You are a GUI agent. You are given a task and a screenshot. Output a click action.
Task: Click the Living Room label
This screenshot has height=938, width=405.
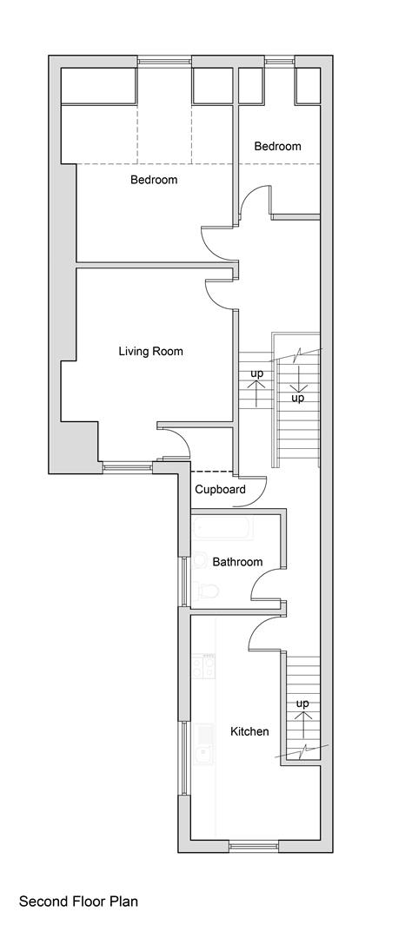[x=150, y=352]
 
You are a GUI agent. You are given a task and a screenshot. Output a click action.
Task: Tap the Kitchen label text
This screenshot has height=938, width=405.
[x=249, y=731]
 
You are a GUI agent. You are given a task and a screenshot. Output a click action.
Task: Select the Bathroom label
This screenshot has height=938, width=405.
[x=237, y=562]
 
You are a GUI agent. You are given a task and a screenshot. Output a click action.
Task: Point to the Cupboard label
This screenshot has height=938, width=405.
[x=220, y=489]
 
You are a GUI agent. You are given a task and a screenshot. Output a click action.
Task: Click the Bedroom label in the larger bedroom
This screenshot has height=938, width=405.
[x=154, y=180]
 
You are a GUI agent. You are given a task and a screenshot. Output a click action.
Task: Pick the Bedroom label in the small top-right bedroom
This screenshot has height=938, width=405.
[x=277, y=146]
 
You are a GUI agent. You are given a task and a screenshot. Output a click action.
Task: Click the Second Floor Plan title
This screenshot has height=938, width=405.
[x=78, y=902]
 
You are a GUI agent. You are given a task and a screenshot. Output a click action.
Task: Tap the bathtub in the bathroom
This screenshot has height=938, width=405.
[x=222, y=527]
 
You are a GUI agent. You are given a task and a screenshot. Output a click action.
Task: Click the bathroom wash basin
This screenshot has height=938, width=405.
[x=199, y=560]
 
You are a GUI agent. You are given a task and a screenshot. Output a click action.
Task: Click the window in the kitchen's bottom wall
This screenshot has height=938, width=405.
[x=254, y=843]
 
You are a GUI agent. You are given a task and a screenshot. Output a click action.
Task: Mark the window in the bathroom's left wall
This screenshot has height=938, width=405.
[x=183, y=580]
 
